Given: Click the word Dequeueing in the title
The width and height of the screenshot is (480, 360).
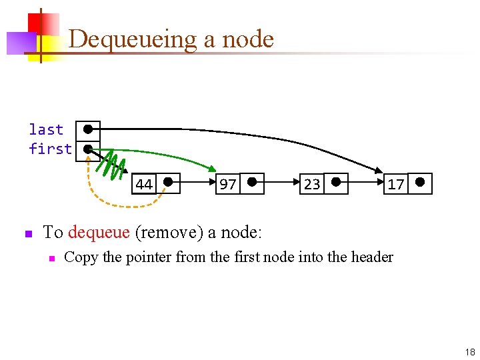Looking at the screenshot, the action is pyautogui.click(x=133, y=39).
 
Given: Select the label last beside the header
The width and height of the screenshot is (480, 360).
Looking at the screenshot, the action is pyautogui.click(x=46, y=129).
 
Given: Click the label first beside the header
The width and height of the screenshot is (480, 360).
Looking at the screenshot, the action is pyautogui.click(x=50, y=149).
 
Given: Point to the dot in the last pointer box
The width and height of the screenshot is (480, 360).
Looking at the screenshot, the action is pyautogui.click(x=87, y=129).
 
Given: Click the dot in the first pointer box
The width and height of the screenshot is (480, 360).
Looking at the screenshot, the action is pyautogui.click(x=87, y=149).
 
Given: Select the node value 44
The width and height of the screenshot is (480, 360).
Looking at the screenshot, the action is pyautogui.click(x=143, y=184).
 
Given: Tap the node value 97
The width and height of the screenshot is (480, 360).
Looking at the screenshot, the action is pyautogui.click(x=227, y=184).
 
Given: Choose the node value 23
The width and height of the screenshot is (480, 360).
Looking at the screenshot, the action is pyautogui.click(x=311, y=184).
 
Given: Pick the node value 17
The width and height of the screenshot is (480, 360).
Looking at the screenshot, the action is pyautogui.click(x=395, y=184).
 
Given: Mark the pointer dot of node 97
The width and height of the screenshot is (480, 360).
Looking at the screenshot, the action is pyautogui.click(x=252, y=181).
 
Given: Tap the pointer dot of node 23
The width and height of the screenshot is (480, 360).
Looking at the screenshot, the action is pyautogui.click(x=336, y=181).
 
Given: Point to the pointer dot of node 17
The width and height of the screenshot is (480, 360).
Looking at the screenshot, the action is pyautogui.click(x=420, y=181).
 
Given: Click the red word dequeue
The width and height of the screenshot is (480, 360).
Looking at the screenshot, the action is pyautogui.click(x=99, y=233).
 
